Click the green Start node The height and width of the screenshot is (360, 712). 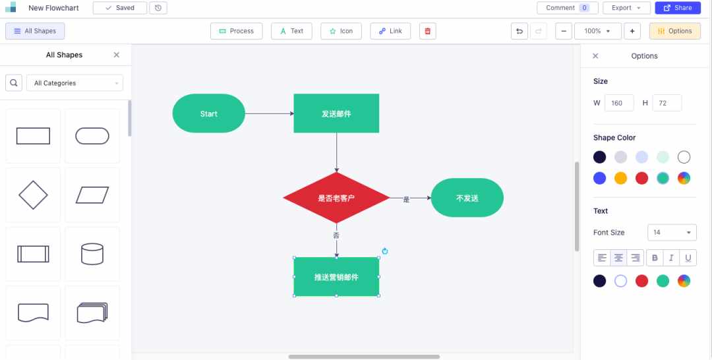pyautogui.click(x=209, y=113)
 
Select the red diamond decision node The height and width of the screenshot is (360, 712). pyautogui.click(x=336, y=198)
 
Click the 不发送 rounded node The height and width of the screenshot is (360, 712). pyautogui.click(x=467, y=198)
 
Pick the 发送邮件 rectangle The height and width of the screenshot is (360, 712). pyautogui.click(x=336, y=113)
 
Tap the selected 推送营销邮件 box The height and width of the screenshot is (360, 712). pyautogui.click(x=336, y=277)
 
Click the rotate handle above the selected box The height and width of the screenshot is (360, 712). pyautogui.click(x=385, y=251)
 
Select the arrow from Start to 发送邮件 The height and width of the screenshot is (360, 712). pyautogui.click(x=269, y=113)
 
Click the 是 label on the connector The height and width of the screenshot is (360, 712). pyautogui.click(x=406, y=199)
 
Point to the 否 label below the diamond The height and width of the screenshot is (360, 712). pyautogui.click(x=336, y=235)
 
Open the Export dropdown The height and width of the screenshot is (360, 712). pyautogui.click(x=626, y=8)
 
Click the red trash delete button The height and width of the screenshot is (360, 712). pyautogui.click(x=428, y=31)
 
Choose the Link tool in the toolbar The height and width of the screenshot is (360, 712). pyautogui.click(x=390, y=31)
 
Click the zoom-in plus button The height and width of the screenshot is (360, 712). pyautogui.click(x=632, y=31)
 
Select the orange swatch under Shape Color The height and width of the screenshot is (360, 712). pyautogui.click(x=621, y=178)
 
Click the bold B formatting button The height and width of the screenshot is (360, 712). pyautogui.click(x=655, y=258)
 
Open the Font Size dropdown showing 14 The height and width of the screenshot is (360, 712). pyautogui.click(x=672, y=233)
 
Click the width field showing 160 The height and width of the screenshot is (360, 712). pyautogui.click(x=619, y=103)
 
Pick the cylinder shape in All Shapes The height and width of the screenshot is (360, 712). pyautogui.click(x=92, y=254)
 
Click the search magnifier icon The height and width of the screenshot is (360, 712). pyautogui.click(x=14, y=83)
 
